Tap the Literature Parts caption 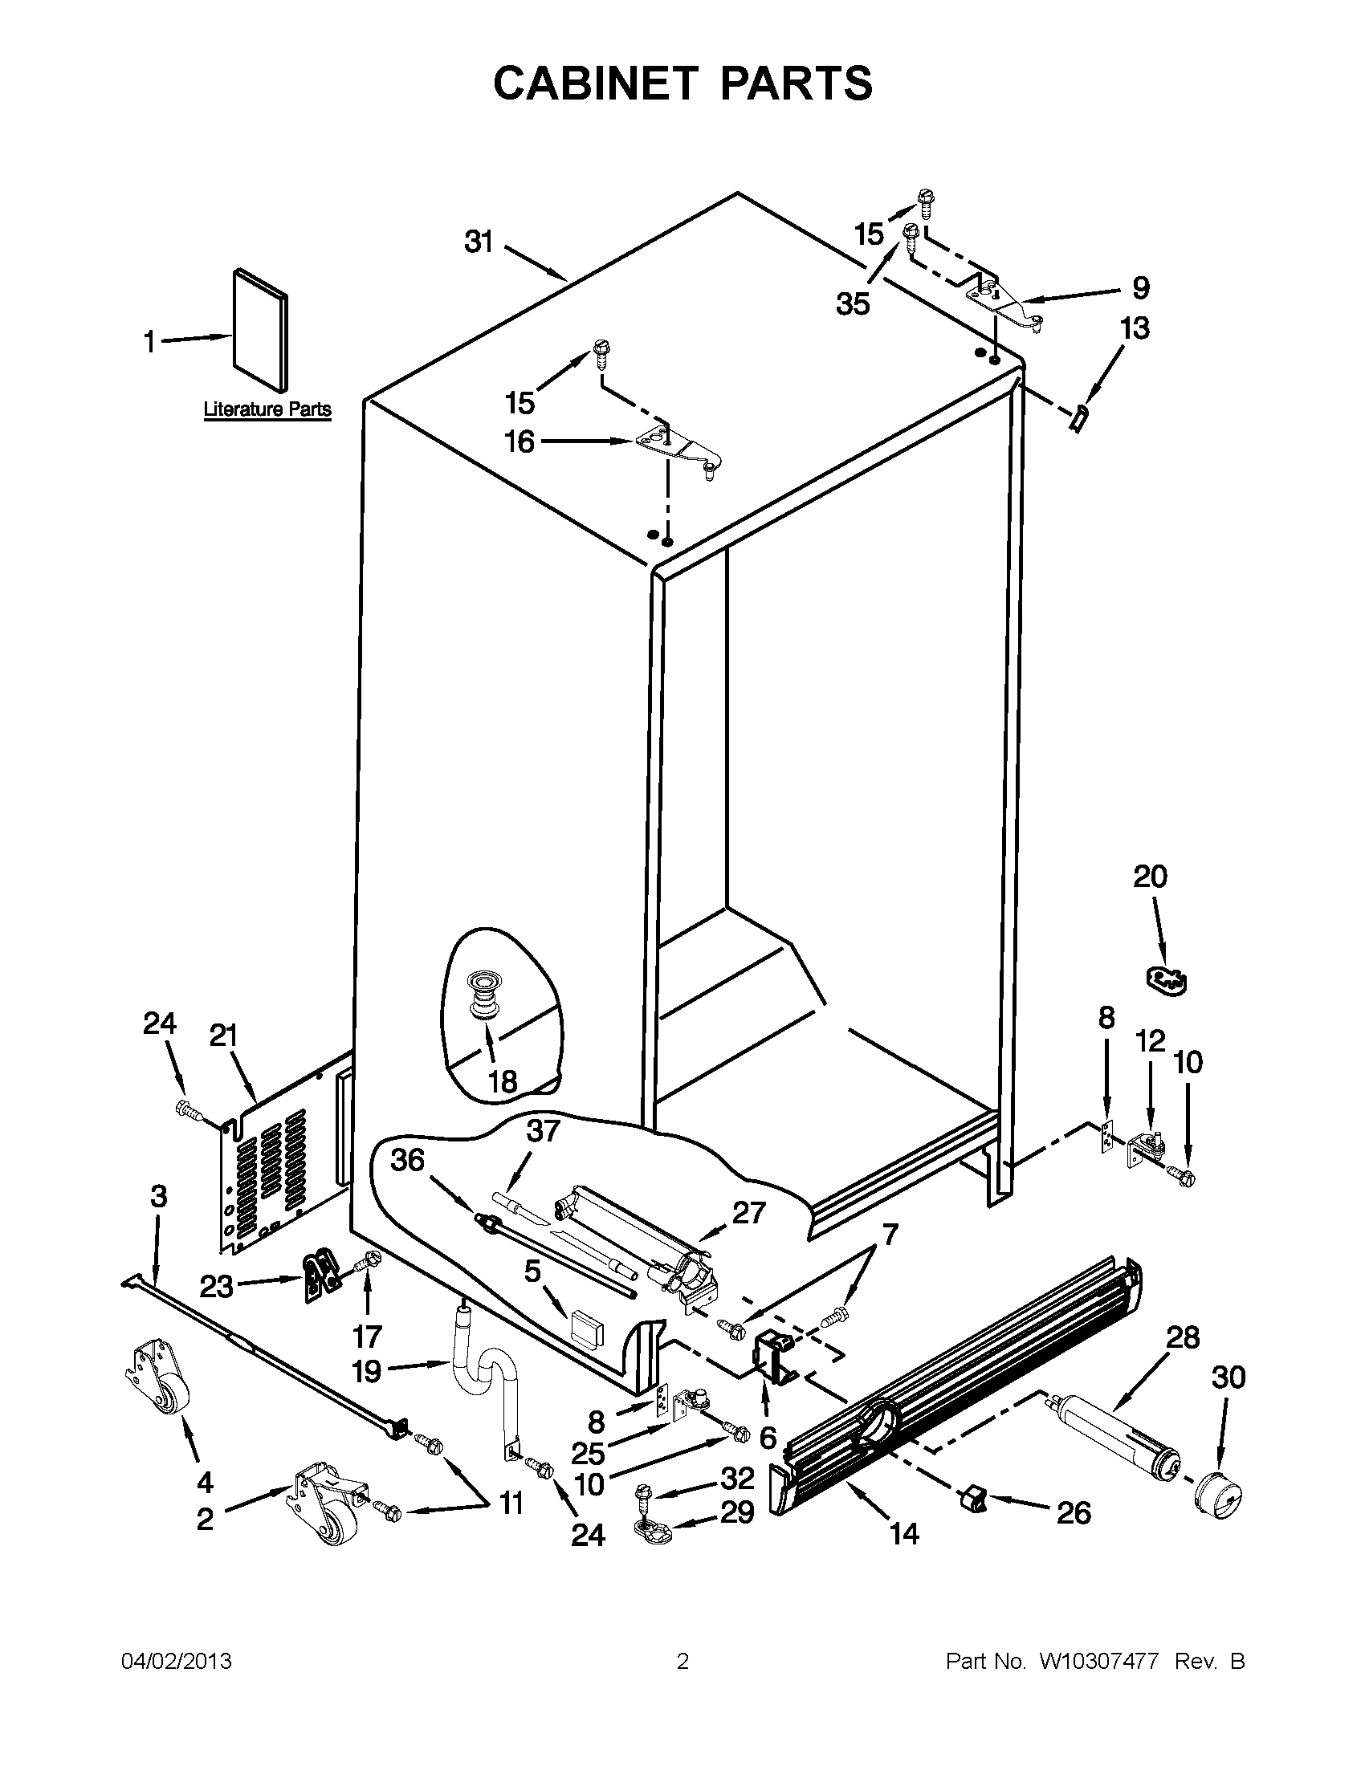tap(267, 409)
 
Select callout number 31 tap(479, 241)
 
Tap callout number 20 tap(1150, 877)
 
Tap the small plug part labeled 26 tap(973, 1503)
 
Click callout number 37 tap(543, 1131)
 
